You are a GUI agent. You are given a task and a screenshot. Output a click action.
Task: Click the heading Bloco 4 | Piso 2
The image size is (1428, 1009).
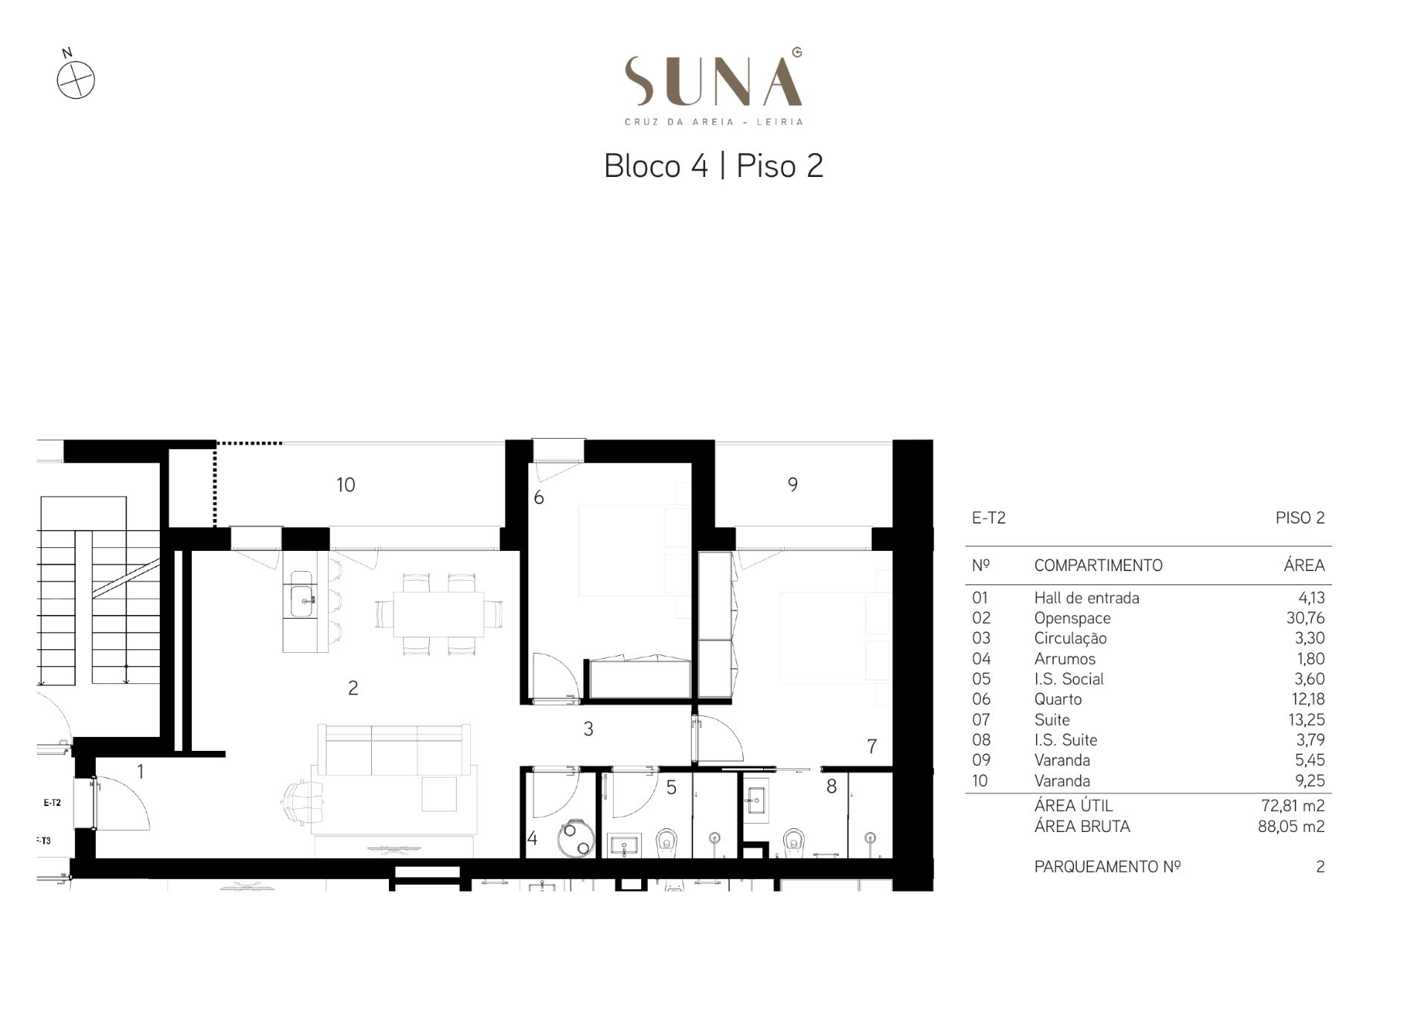coord(713,166)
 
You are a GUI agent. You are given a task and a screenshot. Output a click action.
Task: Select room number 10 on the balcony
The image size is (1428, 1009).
coord(346,485)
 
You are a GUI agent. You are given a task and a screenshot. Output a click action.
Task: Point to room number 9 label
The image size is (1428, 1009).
coord(793,485)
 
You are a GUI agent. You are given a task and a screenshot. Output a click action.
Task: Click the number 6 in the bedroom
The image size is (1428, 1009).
coord(539,497)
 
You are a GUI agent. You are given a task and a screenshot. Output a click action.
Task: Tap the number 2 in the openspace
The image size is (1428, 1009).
coord(353,688)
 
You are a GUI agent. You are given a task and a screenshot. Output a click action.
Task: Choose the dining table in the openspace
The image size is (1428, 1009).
coord(439,614)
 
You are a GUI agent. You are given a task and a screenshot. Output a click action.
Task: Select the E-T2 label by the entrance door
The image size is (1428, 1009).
coord(52,803)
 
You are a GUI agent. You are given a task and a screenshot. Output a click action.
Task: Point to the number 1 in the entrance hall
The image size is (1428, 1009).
coord(141,772)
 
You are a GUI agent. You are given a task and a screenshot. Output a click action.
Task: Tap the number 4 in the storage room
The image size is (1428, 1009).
coord(533,839)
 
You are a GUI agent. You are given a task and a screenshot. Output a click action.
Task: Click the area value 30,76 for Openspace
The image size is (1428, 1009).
coord(1305,618)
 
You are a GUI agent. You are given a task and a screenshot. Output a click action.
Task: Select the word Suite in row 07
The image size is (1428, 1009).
coord(1052,720)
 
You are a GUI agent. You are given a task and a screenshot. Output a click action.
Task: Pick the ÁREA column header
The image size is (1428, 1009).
coord(1304,565)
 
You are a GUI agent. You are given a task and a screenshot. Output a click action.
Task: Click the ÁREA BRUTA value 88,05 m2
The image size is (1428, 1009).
coord(1291,826)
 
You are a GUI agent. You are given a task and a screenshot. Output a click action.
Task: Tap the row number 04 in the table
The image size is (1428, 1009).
coord(981,659)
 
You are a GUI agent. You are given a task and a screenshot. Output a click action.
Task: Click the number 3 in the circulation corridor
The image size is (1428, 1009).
coord(588,729)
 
